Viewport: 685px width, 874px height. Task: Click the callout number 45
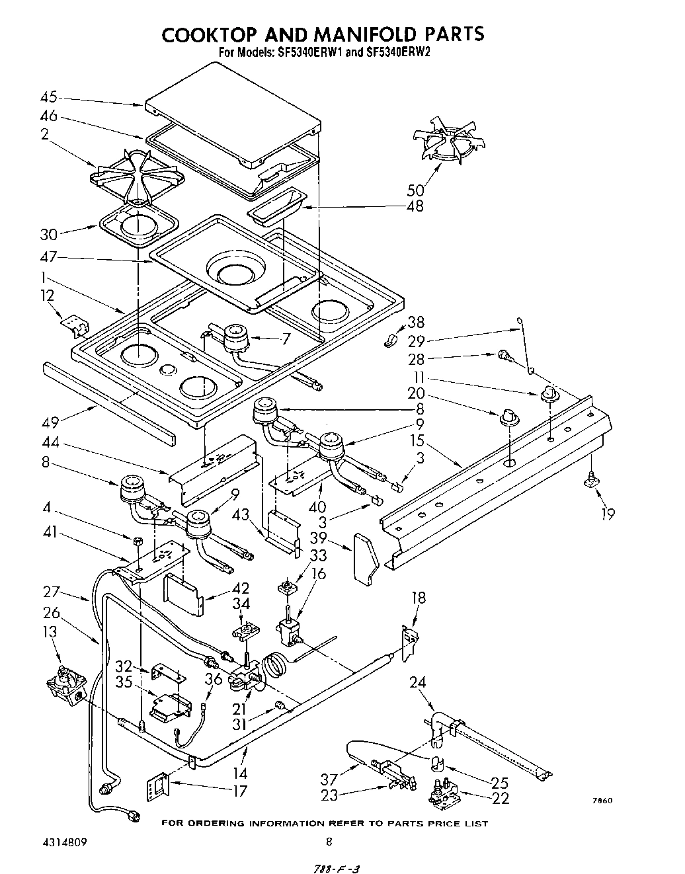[x=48, y=97]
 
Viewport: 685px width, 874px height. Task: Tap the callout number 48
[x=415, y=206]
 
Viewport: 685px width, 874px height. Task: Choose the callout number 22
[x=501, y=799]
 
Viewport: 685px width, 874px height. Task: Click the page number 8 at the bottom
[x=328, y=842]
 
